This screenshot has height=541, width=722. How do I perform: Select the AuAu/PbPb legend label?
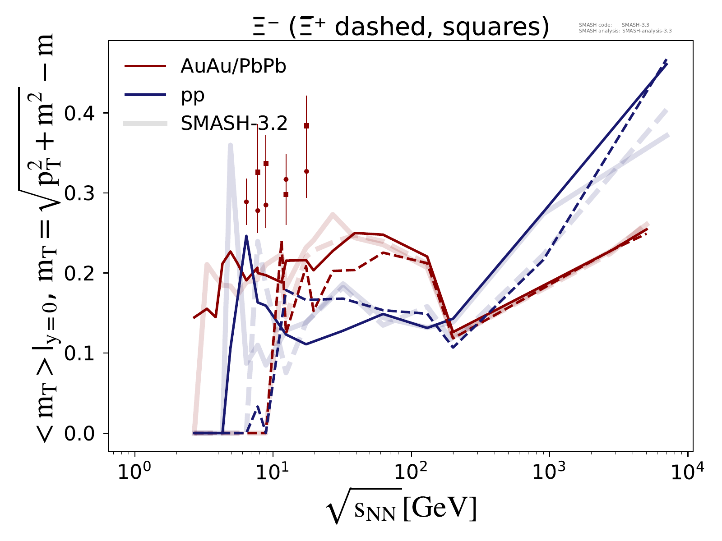click(233, 67)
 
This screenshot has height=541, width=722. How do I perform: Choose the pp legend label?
click(193, 95)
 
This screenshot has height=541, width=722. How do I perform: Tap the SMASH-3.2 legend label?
click(234, 124)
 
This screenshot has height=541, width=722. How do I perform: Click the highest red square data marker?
click(306, 126)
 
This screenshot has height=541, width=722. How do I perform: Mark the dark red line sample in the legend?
click(146, 67)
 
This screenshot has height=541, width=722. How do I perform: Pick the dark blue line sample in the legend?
click(146, 95)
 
